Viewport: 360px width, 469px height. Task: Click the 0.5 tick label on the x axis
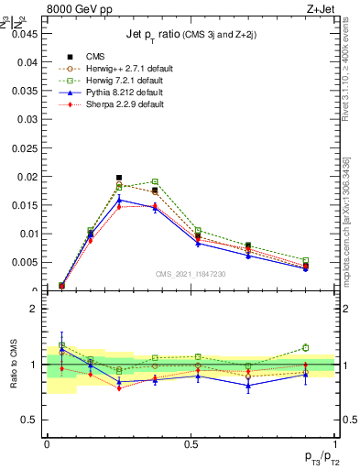[x=191, y=443]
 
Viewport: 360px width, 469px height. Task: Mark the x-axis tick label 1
[x=335, y=443]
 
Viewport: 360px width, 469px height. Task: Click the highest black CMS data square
[x=119, y=178]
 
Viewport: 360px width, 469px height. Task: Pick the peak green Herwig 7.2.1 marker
[x=155, y=181]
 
